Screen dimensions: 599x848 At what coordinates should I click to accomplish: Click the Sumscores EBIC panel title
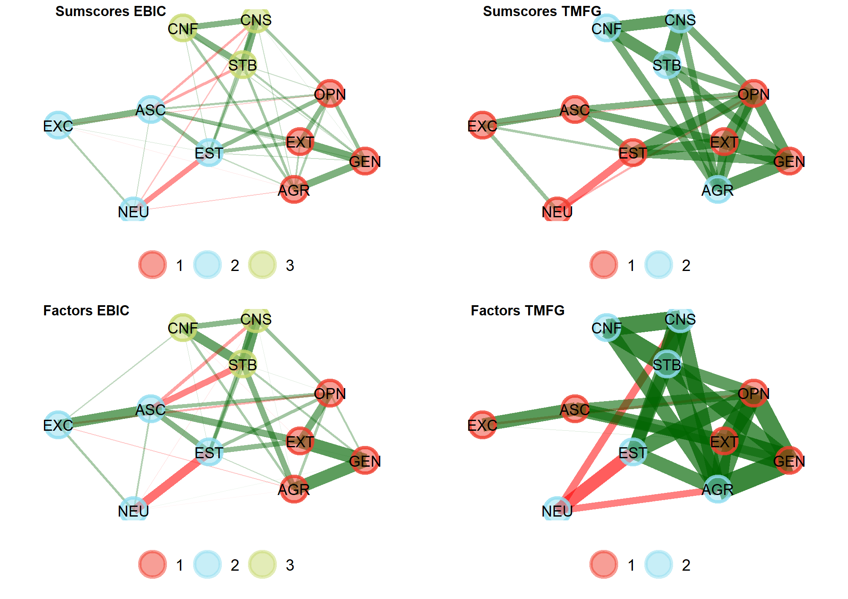coord(110,11)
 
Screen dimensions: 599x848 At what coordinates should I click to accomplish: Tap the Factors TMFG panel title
coord(517,311)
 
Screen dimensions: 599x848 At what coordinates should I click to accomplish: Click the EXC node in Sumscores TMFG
coord(482,125)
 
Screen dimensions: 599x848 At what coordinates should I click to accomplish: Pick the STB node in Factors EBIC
coord(243,364)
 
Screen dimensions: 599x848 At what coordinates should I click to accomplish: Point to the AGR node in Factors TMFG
coord(717,489)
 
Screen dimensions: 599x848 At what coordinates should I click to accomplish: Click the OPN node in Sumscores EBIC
coord(330,93)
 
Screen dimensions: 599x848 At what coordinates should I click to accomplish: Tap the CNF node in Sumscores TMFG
coord(606,28)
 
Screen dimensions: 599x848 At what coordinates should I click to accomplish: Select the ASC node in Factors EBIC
coord(151,409)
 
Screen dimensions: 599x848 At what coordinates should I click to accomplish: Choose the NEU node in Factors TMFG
coord(557,510)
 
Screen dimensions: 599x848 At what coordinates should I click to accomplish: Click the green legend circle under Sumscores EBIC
coord(262,265)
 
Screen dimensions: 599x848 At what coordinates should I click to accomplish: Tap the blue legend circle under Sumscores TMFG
coord(658,265)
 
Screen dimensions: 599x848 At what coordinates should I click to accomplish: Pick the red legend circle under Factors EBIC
coord(153,564)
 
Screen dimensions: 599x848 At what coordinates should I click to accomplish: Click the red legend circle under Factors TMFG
coord(604,564)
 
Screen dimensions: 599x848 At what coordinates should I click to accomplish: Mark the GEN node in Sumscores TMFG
coord(789,161)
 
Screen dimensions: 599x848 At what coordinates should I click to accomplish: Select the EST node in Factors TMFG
coord(633,452)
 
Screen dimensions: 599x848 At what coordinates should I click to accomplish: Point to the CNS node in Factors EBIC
coord(256,320)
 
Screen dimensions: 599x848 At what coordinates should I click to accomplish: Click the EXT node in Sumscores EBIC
coord(300,142)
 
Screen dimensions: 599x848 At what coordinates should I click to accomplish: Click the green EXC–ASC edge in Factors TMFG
coord(528,417)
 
